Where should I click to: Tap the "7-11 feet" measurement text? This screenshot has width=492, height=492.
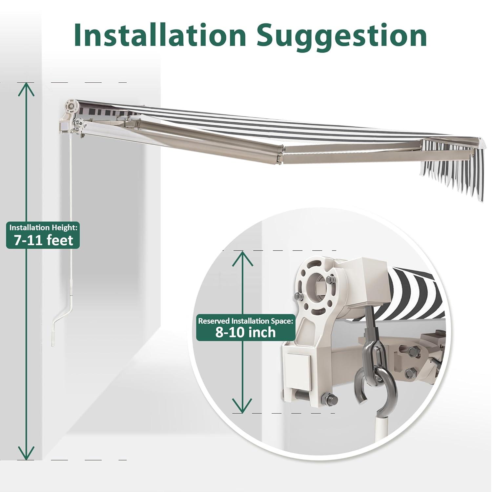click(43, 240)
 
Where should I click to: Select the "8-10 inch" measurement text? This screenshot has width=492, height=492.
click(246, 332)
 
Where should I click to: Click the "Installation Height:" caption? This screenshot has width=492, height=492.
click(43, 227)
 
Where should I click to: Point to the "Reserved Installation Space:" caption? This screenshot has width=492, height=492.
click(245, 320)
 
